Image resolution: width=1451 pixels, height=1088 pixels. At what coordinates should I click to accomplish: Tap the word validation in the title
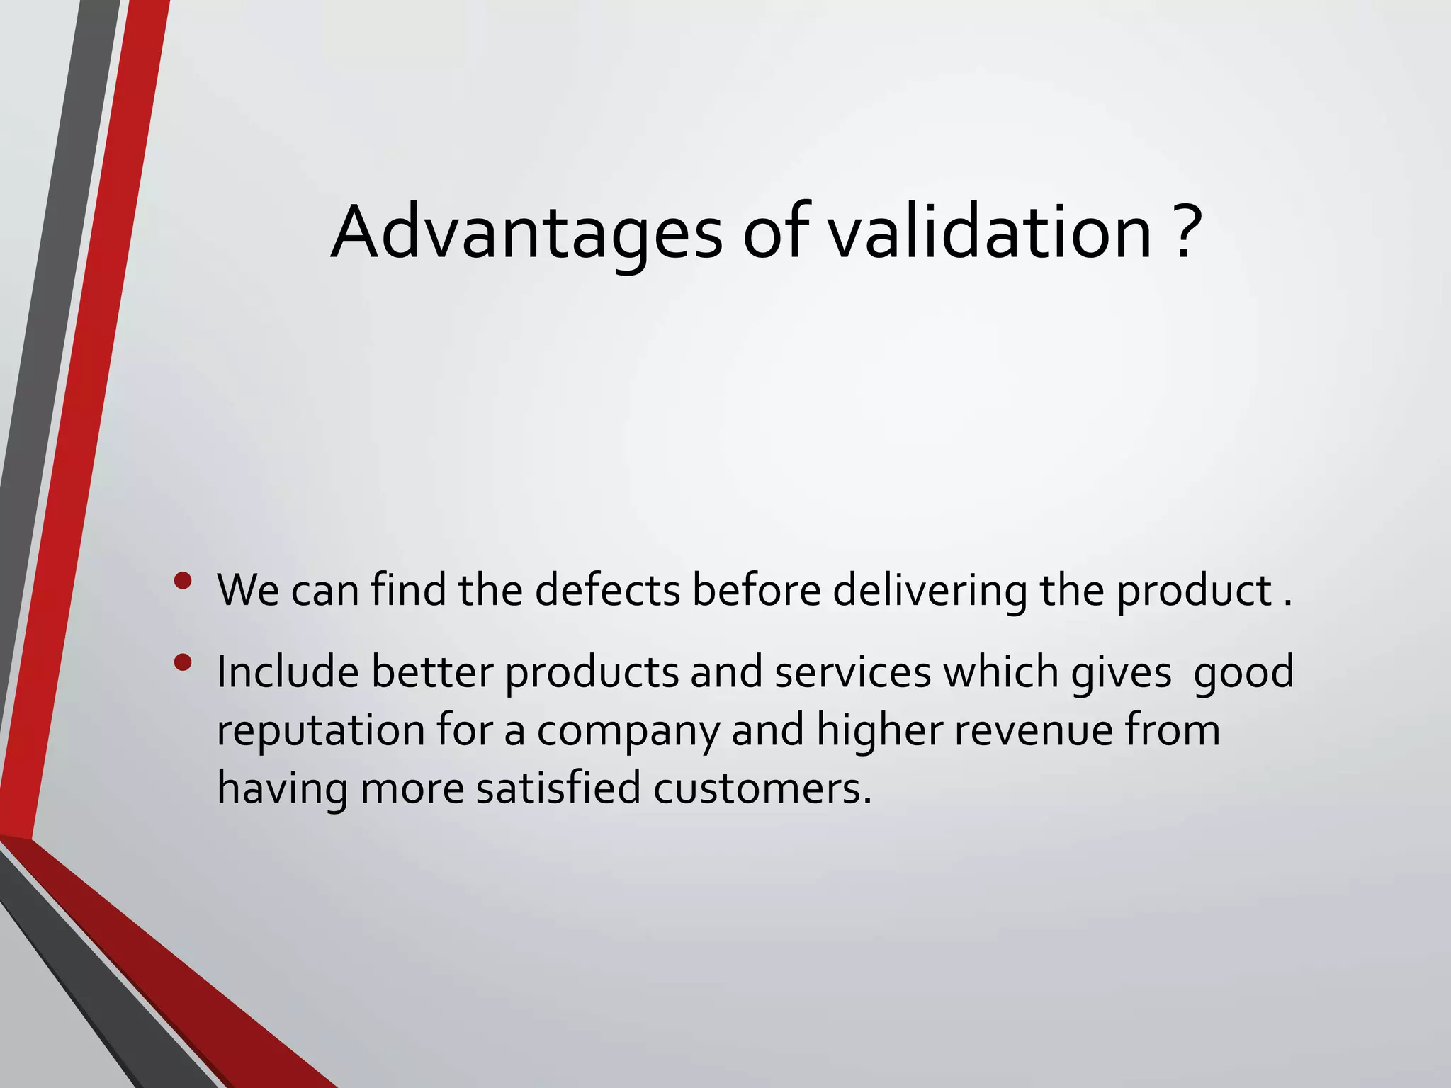(x=990, y=232)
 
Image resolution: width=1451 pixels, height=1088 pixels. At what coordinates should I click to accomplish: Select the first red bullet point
(x=183, y=582)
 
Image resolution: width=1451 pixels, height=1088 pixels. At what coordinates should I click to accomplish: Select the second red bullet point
(x=183, y=663)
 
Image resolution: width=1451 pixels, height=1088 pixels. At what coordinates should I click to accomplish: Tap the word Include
(x=288, y=671)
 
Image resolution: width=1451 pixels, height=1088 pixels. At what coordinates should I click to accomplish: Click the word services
(x=852, y=671)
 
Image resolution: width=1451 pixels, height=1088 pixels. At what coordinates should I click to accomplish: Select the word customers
(x=762, y=788)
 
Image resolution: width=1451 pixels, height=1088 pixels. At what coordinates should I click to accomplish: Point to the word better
(x=432, y=671)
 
